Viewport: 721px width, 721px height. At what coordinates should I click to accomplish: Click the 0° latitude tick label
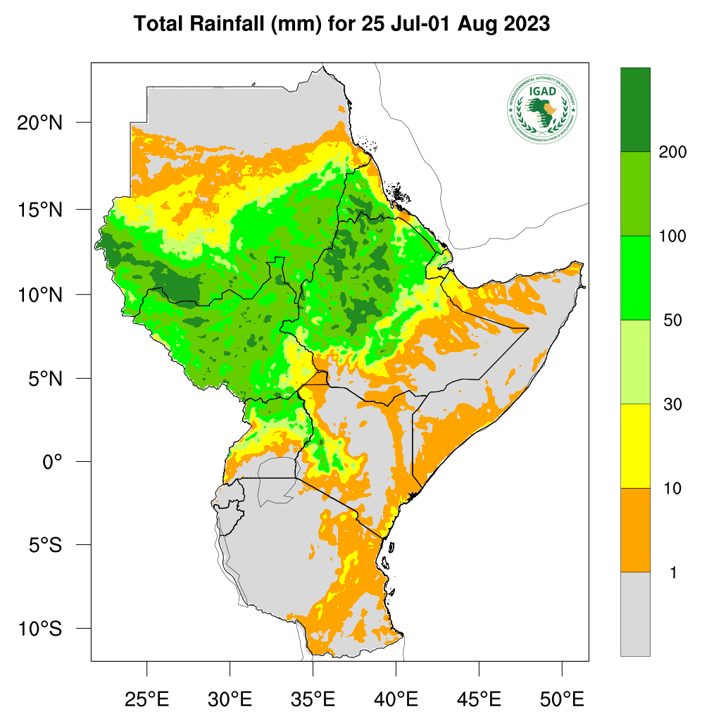point(52,462)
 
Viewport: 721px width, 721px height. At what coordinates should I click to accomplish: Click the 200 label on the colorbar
point(672,152)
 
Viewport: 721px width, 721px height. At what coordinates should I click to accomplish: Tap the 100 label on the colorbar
point(672,236)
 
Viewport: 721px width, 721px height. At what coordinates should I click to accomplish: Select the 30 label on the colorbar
point(672,404)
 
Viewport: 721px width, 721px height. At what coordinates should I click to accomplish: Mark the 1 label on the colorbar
point(672,572)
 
